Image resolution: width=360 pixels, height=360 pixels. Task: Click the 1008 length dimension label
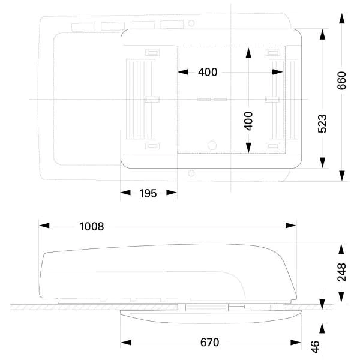coord(91,226)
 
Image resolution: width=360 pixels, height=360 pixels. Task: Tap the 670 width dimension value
coord(209,343)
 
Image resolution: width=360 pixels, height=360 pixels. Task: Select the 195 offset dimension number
coord(148,193)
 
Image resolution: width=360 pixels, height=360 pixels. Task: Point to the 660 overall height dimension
coord(341,80)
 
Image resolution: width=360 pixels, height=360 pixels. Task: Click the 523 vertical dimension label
coord(322,124)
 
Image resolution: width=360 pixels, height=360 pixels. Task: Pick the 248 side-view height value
coord(341,272)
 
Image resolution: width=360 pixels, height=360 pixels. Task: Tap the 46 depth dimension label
coord(315,347)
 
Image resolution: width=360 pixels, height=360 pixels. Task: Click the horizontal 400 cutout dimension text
coord(208,72)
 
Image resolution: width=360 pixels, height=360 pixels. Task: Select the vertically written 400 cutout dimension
coord(248,121)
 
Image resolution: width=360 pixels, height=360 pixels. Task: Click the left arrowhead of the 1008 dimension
coord(44,226)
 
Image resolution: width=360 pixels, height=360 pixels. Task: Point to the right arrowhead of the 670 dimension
coord(296,343)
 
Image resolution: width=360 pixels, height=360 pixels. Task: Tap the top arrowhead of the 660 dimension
coord(342,19)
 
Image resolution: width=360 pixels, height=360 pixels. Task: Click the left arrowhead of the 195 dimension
coord(125,193)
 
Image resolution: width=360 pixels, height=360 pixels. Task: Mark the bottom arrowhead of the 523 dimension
coord(322,163)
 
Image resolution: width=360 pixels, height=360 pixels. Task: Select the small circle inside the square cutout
coord(212,145)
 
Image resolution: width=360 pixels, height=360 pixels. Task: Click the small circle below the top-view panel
coord(191,173)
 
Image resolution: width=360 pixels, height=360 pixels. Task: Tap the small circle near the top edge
coord(191,23)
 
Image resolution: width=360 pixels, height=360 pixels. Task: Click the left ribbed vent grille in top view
coord(141,99)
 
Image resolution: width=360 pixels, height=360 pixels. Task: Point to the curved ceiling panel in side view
coord(211,317)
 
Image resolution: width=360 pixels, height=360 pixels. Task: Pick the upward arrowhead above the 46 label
coord(322,328)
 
